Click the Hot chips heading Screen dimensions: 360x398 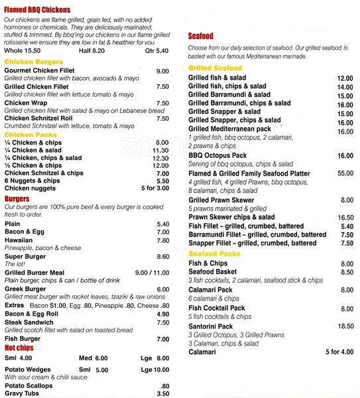(x=19, y=347)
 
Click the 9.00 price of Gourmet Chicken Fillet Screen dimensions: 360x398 (x=162, y=71)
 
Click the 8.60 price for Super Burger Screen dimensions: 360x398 (x=162, y=256)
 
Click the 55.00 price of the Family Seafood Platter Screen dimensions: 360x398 (x=345, y=172)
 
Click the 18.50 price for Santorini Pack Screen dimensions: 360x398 (x=345, y=326)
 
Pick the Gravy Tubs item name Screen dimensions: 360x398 (x=24, y=393)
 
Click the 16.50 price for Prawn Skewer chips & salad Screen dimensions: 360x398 (x=345, y=217)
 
